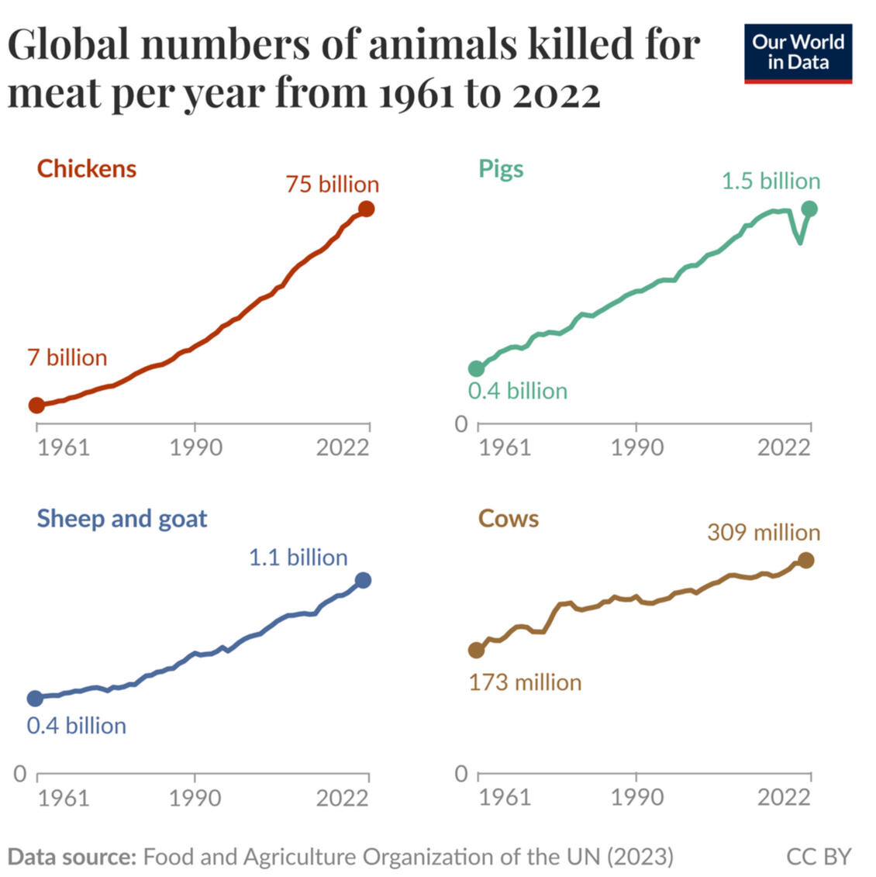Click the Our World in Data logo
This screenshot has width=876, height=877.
tap(798, 53)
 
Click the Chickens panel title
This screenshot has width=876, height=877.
tap(86, 168)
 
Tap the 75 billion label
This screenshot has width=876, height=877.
tap(332, 184)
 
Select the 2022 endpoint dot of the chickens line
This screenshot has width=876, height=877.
tap(367, 209)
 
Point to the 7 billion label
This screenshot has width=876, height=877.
tap(67, 357)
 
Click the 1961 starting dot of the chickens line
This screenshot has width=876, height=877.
tap(36, 405)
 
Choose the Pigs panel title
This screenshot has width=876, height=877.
tap(501, 168)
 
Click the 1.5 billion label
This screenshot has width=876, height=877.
tap(771, 181)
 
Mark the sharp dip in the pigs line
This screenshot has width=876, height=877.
tap(799, 242)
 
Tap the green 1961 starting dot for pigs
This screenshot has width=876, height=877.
tap(476, 368)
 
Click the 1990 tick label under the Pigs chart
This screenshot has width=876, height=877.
tap(636, 447)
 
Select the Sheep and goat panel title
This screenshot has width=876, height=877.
tap(122, 518)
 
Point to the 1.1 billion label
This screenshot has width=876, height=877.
tap(298, 557)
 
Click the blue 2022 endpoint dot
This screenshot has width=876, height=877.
tap(363, 580)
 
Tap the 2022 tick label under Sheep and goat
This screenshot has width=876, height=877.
tap(342, 797)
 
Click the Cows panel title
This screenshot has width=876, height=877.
tap(508, 518)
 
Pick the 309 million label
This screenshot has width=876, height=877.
tap(763, 532)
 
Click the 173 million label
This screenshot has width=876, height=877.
tap(525, 682)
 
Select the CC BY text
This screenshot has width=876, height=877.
tap(818, 857)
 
